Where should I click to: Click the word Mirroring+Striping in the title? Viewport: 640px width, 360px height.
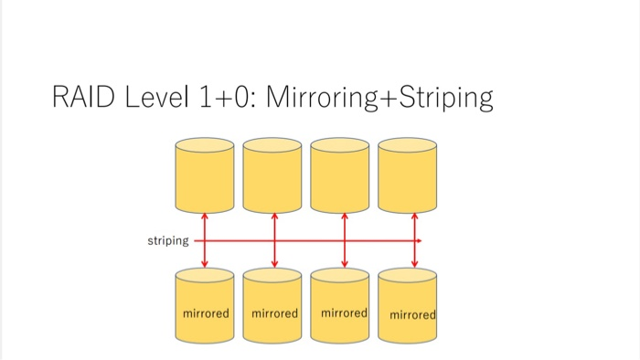379,97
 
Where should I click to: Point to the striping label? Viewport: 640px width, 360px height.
167,241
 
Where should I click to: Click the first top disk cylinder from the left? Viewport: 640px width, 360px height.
205,178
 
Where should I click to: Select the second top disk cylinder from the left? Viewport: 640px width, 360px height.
272,178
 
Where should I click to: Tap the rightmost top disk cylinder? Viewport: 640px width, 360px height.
408,178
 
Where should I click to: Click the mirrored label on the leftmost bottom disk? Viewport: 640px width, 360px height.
206,313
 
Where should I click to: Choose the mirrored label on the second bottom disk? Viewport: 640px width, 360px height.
274,313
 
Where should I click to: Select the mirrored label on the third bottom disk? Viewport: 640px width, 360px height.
344,312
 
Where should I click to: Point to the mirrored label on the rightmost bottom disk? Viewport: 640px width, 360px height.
412,315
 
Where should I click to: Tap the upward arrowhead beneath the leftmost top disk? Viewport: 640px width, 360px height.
205,217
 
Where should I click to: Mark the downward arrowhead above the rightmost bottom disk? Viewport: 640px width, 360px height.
414,264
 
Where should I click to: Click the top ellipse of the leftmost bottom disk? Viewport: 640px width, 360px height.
205,275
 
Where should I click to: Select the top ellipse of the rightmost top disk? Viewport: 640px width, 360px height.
408,145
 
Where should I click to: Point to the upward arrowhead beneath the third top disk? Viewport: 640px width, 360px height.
344,217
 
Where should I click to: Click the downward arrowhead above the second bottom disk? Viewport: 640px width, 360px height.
274,264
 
